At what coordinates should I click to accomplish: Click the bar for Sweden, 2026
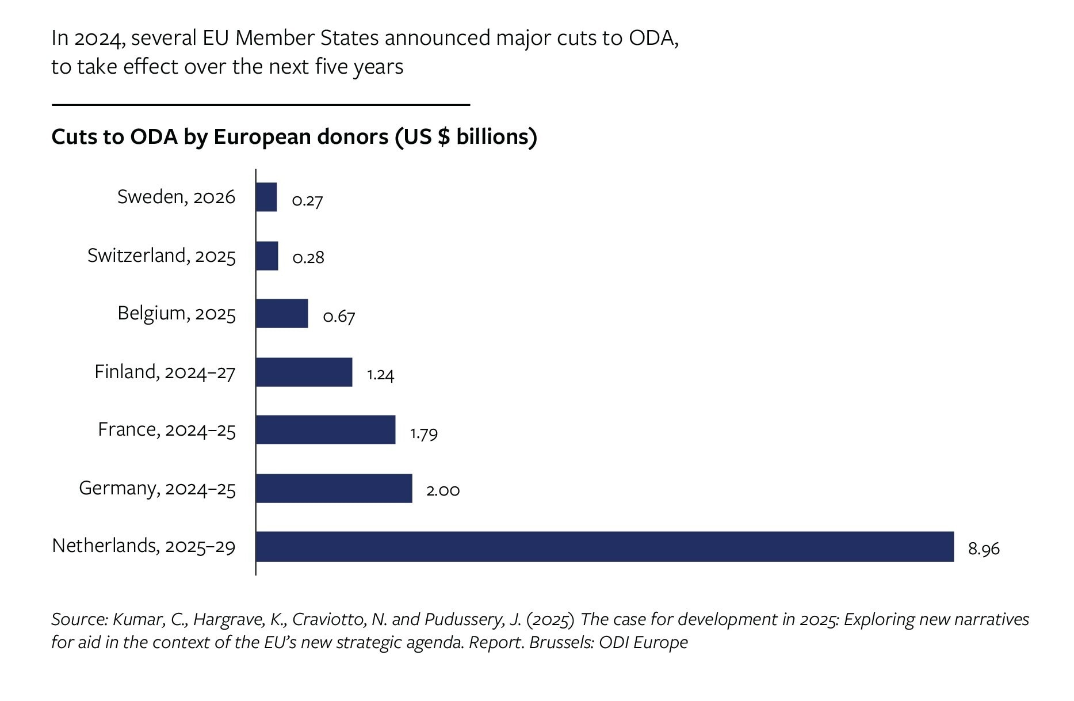(266, 197)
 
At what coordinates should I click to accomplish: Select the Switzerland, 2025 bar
(267, 256)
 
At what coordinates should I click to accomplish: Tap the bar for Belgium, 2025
(282, 314)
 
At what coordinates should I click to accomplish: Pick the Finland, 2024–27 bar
(304, 372)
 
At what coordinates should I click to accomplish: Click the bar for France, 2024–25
(326, 430)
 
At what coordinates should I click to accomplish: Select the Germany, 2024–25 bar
(334, 488)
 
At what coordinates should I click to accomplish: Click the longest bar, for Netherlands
(604, 546)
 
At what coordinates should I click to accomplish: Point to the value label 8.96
(984, 549)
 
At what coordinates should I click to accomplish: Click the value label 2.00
(443, 490)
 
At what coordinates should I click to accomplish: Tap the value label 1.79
(424, 433)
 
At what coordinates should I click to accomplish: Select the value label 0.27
(307, 201)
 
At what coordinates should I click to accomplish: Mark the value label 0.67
(339, 317)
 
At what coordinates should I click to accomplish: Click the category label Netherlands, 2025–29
(144, 546)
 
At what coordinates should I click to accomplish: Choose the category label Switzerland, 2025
(162, 256)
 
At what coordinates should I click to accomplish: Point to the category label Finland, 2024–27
(165, 372)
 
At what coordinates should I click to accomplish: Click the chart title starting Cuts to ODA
(294, 137)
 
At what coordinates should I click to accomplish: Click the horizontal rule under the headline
(261, 105)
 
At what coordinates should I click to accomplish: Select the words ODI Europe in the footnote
(643, 642)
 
